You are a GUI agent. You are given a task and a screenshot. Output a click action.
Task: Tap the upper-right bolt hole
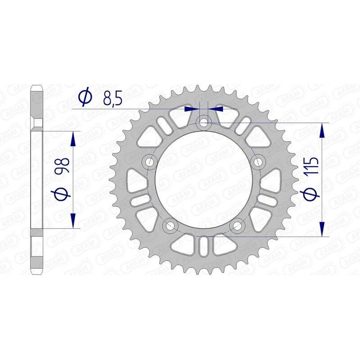click(259, 162)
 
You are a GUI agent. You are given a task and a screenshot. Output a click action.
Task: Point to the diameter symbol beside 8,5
click(85, 96)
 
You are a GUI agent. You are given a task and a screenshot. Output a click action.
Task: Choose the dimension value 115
click(313, 166)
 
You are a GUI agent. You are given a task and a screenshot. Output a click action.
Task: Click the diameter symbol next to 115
click(313, 193)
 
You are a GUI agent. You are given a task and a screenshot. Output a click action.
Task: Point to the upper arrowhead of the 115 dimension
click(322, 130)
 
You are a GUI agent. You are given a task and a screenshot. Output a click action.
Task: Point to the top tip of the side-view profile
click(36, 86)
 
